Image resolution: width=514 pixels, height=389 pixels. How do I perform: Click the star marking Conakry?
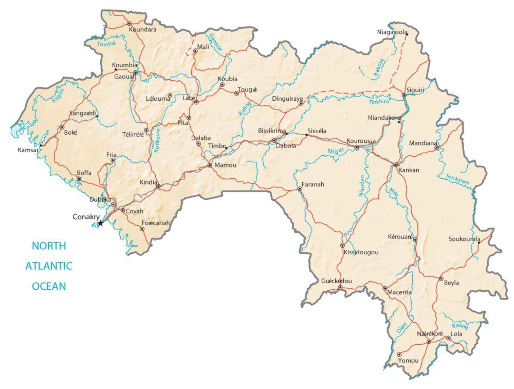100,223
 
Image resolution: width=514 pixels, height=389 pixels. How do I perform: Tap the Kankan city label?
409,170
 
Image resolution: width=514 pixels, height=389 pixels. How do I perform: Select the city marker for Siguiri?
404,95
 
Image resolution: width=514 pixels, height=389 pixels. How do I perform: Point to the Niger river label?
336,151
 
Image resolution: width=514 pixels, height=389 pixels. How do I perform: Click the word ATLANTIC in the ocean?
49,266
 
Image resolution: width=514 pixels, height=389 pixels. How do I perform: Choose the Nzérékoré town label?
430,334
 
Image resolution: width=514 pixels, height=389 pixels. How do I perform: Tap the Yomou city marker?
399,355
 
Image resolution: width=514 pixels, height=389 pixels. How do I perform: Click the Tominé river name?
106,44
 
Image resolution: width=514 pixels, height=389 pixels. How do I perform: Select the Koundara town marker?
129,24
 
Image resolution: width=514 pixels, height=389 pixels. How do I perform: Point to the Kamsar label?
28,150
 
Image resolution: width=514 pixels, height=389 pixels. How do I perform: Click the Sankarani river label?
458,179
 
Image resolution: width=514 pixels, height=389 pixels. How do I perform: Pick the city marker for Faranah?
300,189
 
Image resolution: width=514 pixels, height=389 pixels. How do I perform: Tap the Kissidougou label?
361,252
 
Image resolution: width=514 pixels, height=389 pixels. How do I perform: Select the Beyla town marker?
441,279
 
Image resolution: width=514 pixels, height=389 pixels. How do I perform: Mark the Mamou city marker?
210,165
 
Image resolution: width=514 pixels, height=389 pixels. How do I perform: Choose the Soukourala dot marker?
479,242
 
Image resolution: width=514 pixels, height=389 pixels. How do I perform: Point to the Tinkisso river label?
379,102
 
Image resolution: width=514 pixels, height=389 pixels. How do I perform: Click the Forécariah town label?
156,223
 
